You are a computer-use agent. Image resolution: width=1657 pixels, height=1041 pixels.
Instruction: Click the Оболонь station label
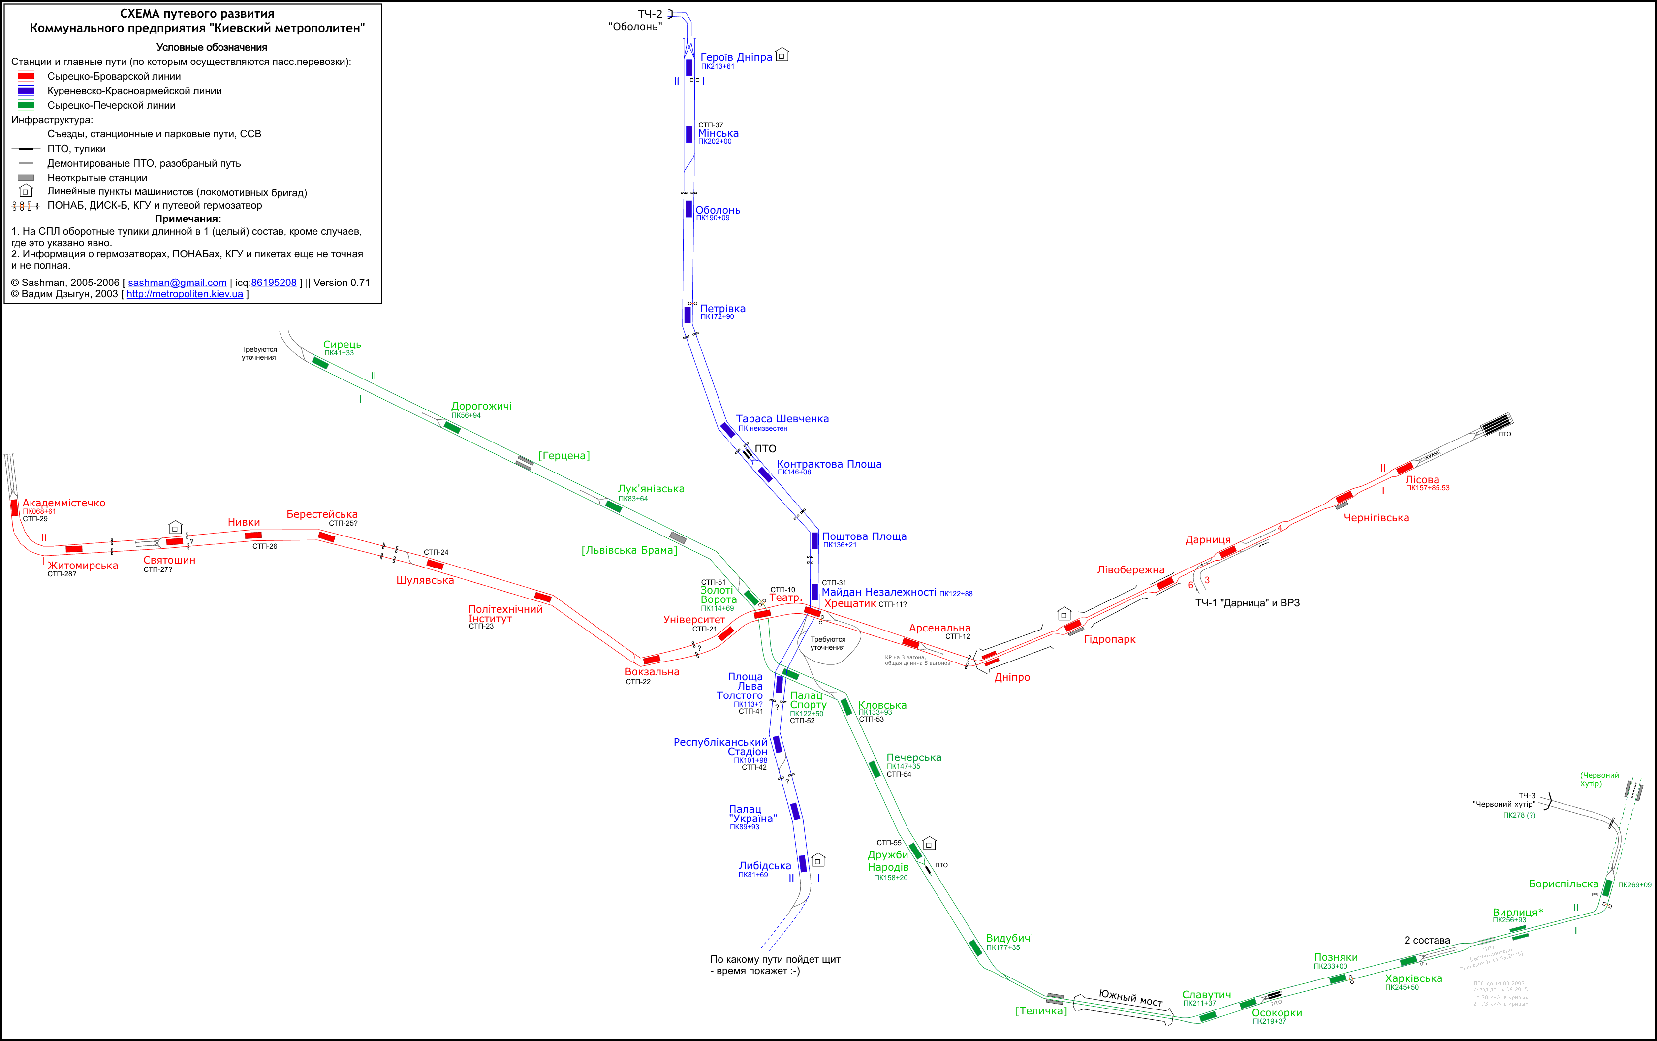(x=718, y=210)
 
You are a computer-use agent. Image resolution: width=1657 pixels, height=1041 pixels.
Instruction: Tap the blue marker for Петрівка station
(x=688, y=315)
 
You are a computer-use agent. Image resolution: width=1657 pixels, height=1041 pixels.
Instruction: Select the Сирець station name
(x=342, y=344)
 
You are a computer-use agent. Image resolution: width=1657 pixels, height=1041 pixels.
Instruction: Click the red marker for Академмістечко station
(x=14, y=508)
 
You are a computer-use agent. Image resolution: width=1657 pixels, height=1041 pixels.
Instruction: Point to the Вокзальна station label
(x=652, y=671)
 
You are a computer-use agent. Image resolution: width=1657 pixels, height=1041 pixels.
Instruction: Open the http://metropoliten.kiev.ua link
(x=185, y=294)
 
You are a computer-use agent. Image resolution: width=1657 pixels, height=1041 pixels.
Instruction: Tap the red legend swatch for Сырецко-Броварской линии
(x=26, y=76)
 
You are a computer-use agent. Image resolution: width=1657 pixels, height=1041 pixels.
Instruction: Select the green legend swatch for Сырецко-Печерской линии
(x=26, y=105)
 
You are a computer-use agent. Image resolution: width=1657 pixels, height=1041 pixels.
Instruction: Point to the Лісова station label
(x=1422, y=479)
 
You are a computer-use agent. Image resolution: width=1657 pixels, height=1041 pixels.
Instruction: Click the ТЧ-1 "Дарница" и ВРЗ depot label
(x=1247, y=603)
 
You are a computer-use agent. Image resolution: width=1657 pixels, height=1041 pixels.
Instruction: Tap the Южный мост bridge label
(x=1130, y=997)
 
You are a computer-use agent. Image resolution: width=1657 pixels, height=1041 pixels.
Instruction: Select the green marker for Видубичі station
(x=975, y=947)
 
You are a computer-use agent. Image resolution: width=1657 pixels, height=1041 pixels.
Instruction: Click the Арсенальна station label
(x=939, y=628)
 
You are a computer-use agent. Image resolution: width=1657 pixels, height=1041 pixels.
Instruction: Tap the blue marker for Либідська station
(x=802, y=863)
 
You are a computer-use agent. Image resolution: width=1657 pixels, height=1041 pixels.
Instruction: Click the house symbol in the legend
(x=26, y=190)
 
